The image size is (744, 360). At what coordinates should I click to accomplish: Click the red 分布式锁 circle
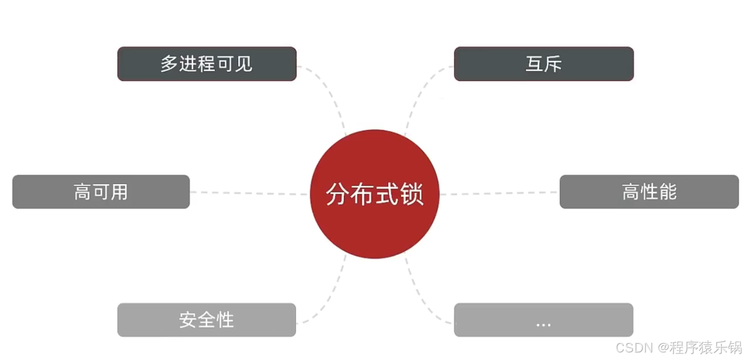point(375,194)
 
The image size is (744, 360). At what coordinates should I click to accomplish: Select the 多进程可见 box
point(207,64)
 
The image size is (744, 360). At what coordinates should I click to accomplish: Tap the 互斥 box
point(544,64)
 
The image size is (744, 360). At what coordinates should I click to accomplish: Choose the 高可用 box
point(101,192)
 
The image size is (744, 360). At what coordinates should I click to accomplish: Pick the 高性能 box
point(649,192)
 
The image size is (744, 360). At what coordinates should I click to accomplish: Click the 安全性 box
point(207,320)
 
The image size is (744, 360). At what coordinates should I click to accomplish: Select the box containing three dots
point(544,320)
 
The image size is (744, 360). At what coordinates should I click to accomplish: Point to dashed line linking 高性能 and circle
point(499,193)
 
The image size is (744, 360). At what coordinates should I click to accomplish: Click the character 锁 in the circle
point(412,194)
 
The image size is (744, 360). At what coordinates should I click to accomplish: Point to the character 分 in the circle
point(338,194)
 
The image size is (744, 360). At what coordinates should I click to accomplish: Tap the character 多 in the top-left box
point(169,64)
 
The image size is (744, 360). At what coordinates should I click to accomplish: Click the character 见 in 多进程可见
point(244,64)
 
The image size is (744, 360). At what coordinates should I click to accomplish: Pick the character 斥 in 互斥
point(553,64)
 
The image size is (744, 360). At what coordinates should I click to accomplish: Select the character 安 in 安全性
point(188,320)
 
